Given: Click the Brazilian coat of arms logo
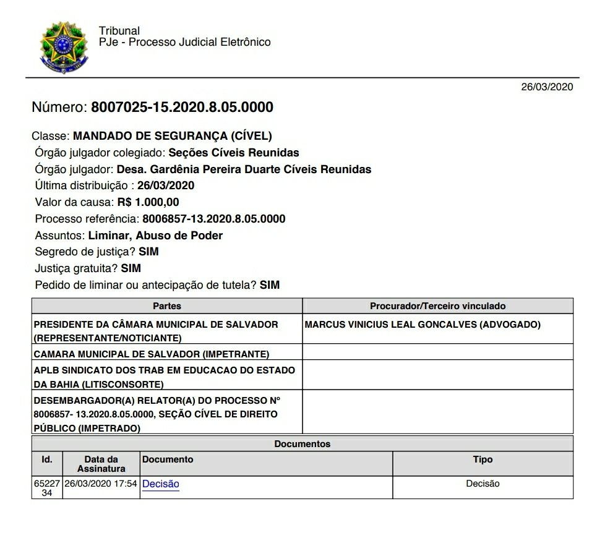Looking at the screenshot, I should (x=64, y=45).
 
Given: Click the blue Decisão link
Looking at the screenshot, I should (x=160, y=484).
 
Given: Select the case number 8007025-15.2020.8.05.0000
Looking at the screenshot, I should (x=182, y=107).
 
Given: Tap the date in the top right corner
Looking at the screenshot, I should (x=547, y=87).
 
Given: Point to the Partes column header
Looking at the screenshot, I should (x=167, y=306).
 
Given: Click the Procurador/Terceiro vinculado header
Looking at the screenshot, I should (x=437, y=306).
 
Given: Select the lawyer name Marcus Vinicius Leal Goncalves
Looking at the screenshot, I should (x=423, y=324).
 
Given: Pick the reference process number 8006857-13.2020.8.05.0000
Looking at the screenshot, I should (x=213, y=219).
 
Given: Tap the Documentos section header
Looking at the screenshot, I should (x=302, y=444).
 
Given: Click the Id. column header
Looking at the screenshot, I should (x=47, y=459).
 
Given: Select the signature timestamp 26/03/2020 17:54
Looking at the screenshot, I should (x=101, y=484).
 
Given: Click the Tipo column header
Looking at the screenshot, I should (x=483, y=459).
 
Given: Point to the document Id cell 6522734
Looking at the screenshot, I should (x=47, y=488).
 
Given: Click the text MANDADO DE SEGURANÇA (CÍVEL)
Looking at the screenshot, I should (x=172, y=136).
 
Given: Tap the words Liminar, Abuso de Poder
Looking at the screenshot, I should (x=155, y=236).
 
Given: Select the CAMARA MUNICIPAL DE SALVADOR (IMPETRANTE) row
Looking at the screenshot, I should (x=152, y=354).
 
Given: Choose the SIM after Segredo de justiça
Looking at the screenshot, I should (x=148, y=252).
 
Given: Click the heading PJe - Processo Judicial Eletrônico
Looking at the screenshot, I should (x=184, y=42).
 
